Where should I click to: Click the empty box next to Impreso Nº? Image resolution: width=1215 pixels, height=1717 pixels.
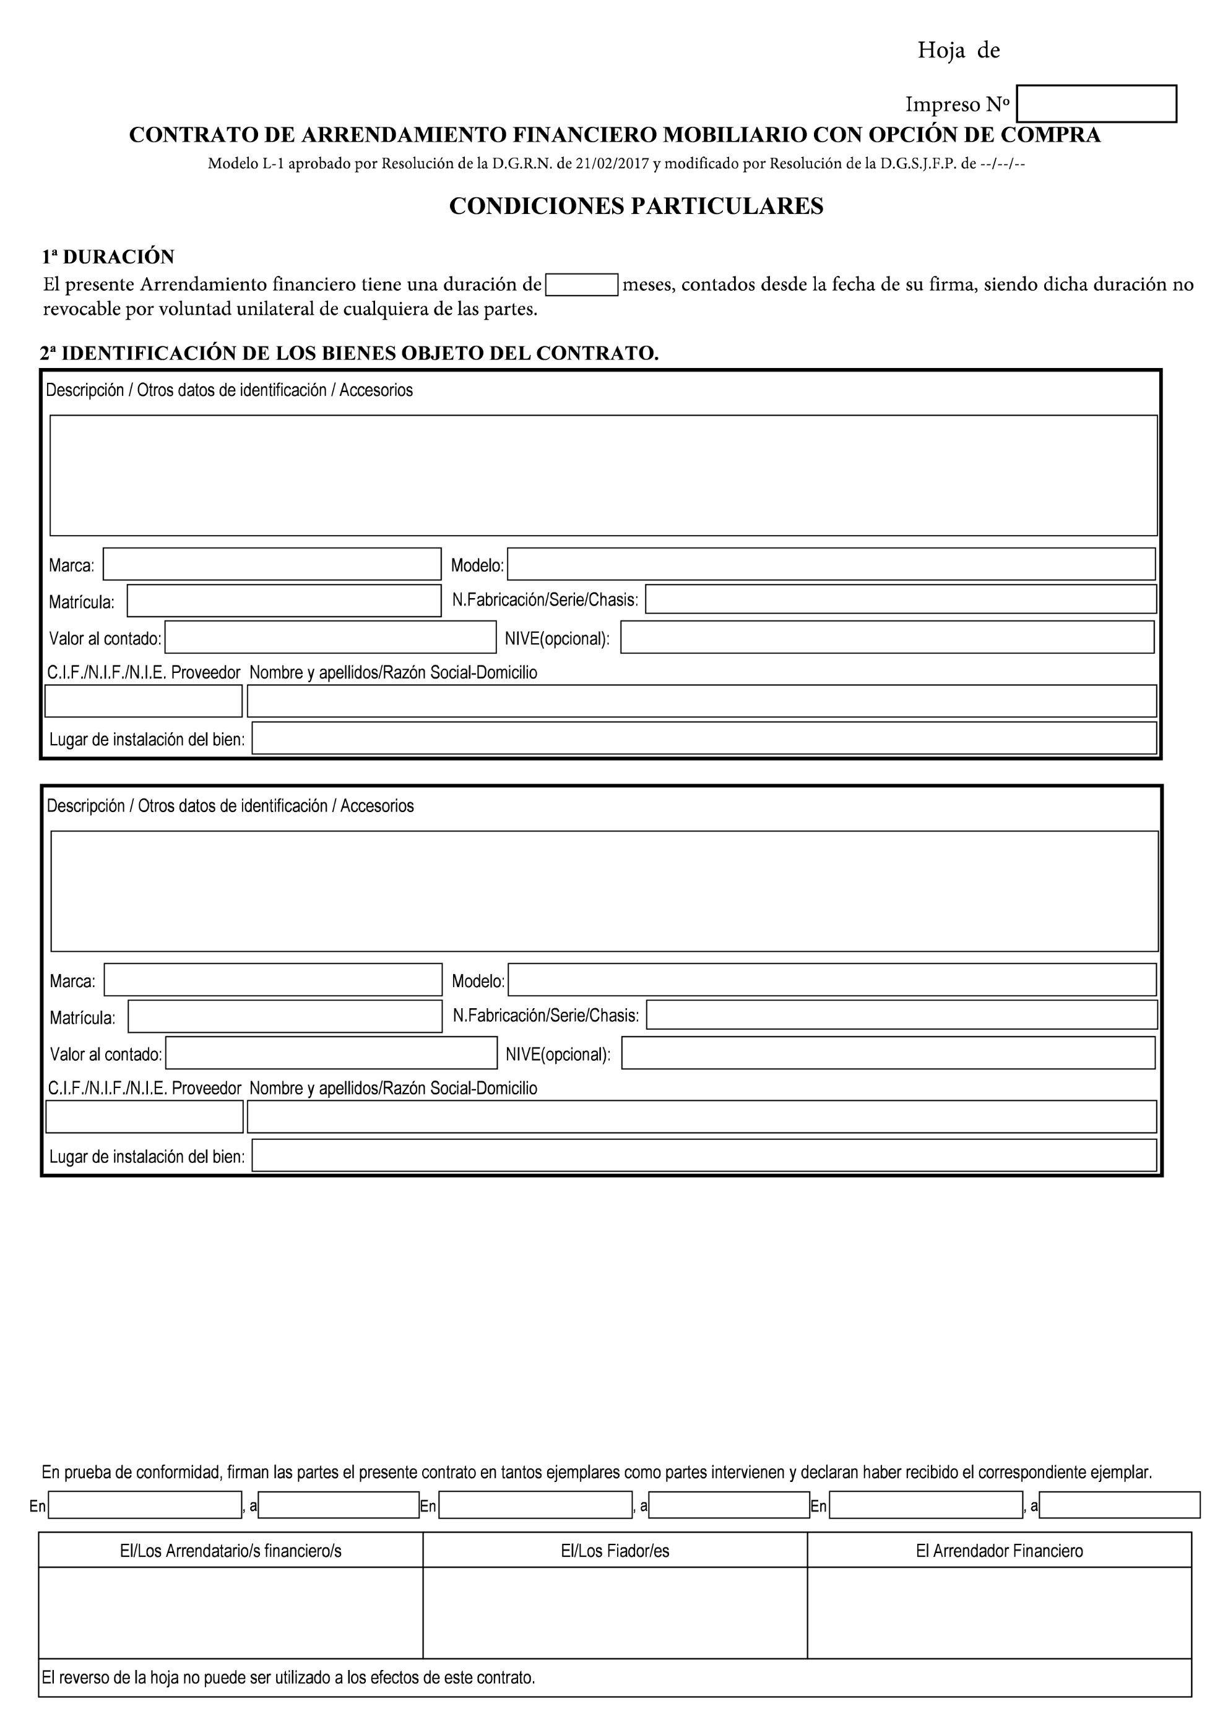pyautogui.click(x=1096, y=104)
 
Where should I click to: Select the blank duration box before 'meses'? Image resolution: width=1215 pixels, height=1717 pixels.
pyautogui.click(x=581, y=285)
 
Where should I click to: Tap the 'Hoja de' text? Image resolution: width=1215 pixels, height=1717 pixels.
pyautogui.click(x=958, y=51)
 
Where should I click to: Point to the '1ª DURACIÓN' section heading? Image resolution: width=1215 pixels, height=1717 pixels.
pyautogui.click(x=108, y=257)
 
